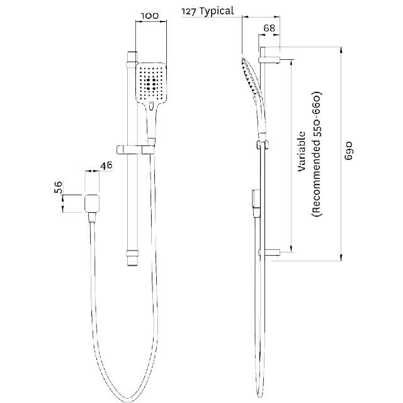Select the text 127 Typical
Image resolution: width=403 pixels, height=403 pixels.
click(207, 11)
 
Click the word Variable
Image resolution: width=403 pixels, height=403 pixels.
click(302, 152)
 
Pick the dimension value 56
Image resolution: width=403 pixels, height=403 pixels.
click(59, 188)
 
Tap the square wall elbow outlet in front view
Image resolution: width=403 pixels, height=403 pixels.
click(93, 203)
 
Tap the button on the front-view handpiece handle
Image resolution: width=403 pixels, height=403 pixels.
click(151, 105)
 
